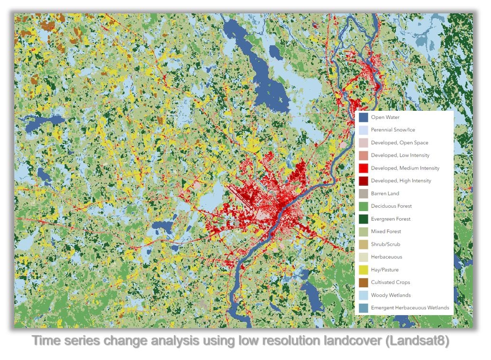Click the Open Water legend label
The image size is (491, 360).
point(385,117)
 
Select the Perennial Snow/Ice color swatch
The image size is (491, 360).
point(363,130)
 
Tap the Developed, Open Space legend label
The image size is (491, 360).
point(399,143)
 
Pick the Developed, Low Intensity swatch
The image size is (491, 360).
point(363,155)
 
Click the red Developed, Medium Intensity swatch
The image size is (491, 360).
point(363,168)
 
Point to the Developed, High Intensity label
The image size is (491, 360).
point(401,181)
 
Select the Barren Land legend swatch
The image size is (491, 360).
point(363,193)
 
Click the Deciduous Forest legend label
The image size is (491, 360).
point(391,206)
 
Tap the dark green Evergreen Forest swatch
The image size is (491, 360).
point(363,219)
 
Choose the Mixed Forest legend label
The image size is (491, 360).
point(386,232)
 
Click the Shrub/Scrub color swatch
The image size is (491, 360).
point(363,244)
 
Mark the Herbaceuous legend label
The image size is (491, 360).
point(386,257)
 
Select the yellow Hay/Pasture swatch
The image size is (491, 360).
point(363,270)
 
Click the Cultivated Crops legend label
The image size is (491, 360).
point(390,282)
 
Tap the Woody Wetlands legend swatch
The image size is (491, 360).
point(363,295)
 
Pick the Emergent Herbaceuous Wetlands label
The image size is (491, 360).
point(410,308)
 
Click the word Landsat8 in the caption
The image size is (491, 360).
point(427,342)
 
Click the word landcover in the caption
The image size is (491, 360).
point(355,342)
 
